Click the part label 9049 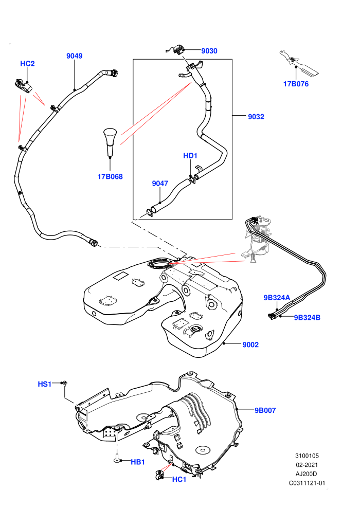pos(75,56)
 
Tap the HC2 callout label pos(27,63)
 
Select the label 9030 pos(209,50)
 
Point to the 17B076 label pos(296,84)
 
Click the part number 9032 pos(256,117)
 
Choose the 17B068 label pos(110,176)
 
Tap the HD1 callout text pos(190,155)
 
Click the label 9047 pos(160,184)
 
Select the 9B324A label pos(277,298)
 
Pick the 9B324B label pos(307,317)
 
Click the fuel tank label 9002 pos(250,344)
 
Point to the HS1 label pos(45,384)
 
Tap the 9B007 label pos(265,410)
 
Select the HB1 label pos(138,462)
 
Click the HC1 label pos(179,479)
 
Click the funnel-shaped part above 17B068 pos(110,142)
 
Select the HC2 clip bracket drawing pos(23,86)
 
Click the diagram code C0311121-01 pos(307,483)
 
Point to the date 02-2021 pos(307,465)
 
